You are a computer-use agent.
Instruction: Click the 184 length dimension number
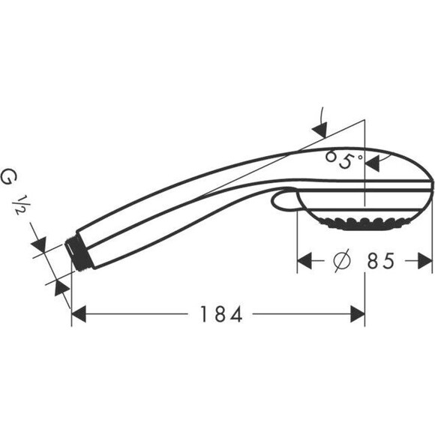pos(222,315)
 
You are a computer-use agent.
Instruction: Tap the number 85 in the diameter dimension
pos(381,261)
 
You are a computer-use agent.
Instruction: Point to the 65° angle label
pos(344,159)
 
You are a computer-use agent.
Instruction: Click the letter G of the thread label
pos(9,178)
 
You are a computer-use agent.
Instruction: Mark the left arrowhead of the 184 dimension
pos(79,315)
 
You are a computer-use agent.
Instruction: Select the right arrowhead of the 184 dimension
pos(358,315)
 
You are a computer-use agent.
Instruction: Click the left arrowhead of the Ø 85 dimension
pos(305,261)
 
